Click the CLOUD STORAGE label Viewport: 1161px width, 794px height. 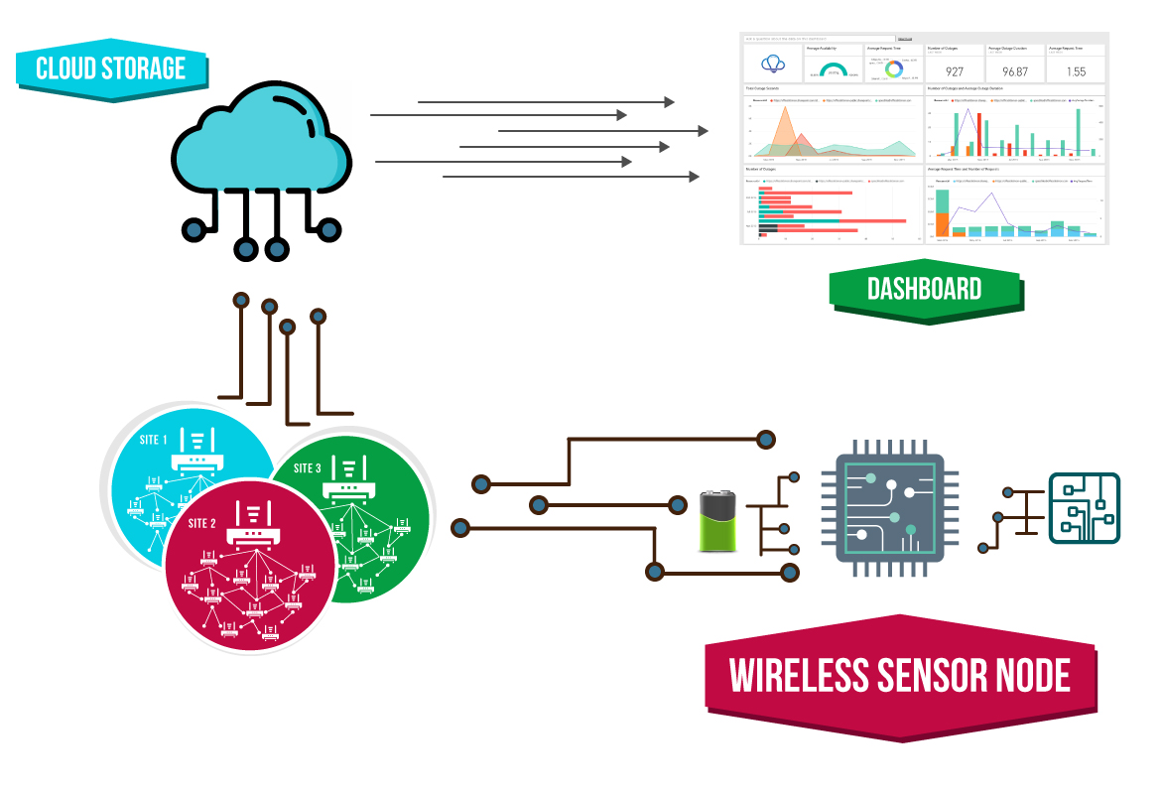[x=111, y=67]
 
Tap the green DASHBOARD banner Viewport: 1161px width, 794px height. [x=925, y=289]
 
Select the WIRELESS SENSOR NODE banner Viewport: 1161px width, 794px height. [x=900, y=676]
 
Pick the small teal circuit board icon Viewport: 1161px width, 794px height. [x=1085, y=508]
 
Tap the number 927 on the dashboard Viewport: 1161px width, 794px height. [x=955, y=71]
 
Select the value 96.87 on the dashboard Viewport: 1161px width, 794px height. [x=1015, y=71]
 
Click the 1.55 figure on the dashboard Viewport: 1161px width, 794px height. [x=1077, y=71]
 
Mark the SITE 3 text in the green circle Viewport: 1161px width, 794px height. [x=307, y=468]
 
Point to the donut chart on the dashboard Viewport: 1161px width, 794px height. [x=894, y=68]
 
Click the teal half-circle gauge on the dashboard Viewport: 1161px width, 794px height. [x=834, y=69]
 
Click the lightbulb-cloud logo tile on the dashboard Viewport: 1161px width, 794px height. [x=773, y=64]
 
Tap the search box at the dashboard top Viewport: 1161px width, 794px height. [x=820, y=38]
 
